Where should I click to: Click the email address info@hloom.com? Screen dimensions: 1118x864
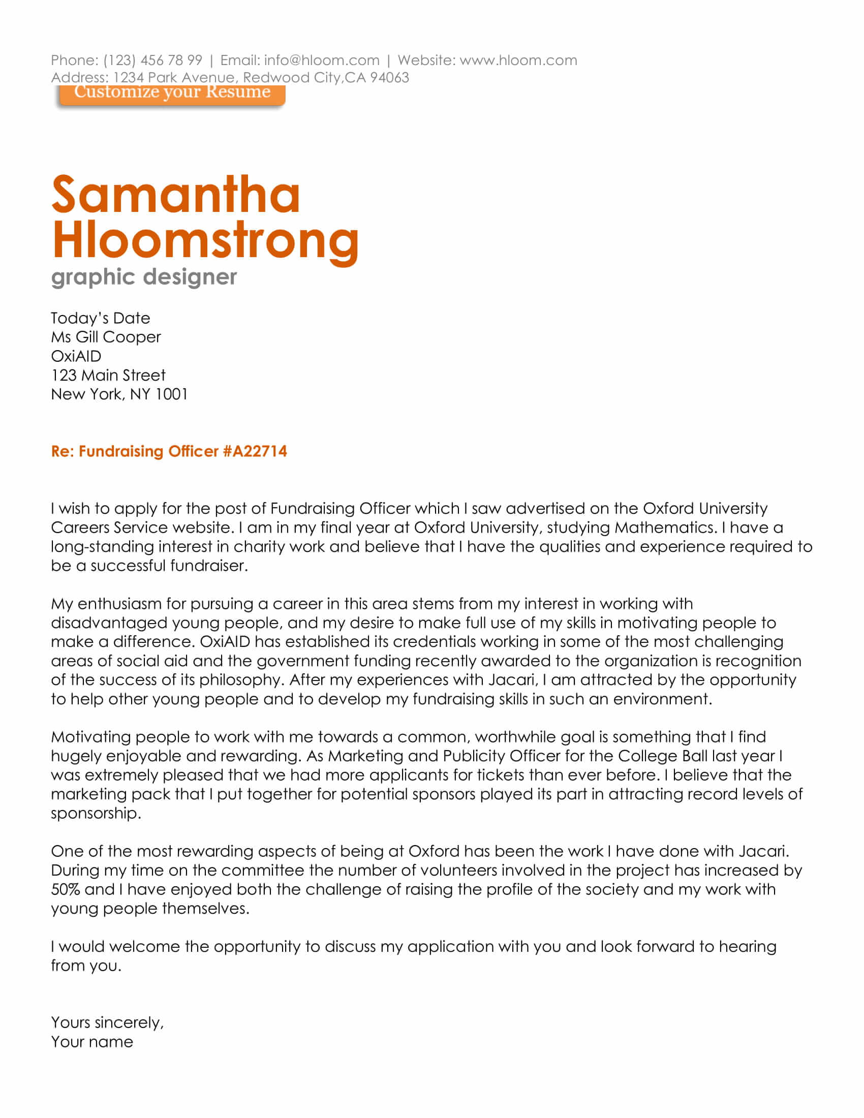coord(321,60)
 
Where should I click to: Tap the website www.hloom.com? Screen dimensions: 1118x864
coord(518,60)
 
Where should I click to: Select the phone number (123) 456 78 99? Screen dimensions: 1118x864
coord(152,60)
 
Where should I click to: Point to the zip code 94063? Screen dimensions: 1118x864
coord(389,78)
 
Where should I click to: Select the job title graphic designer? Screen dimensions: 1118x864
coord(144,277)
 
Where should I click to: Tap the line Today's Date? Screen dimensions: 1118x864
coord(100,319)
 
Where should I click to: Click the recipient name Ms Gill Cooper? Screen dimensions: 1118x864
coord(106,337)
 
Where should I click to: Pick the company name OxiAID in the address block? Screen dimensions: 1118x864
coord(76,356)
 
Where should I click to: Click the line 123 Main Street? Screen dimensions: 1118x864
coord(108,375)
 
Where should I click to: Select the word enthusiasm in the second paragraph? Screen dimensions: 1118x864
coord(120,604)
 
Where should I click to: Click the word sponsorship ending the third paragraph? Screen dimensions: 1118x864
coord(95,814)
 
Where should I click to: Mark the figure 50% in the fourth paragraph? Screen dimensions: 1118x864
coord(66,890)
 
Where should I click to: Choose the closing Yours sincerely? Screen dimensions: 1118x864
coord(107,1023)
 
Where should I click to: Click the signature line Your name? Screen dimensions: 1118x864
coord(92,1042)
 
